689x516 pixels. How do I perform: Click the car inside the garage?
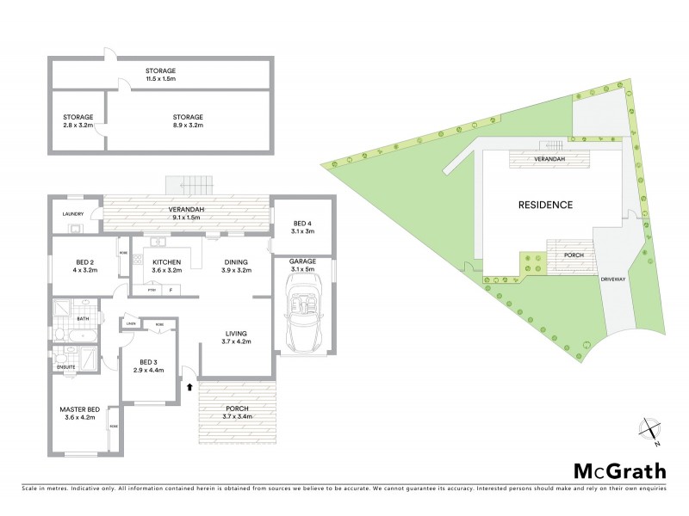click(303, 316)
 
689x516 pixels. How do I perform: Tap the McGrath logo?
click(618, 470)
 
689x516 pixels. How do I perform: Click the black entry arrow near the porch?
click(189, 388)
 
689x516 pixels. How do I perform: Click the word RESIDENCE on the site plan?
click(545, 206)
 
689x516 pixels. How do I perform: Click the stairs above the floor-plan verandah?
click(190, 184)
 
